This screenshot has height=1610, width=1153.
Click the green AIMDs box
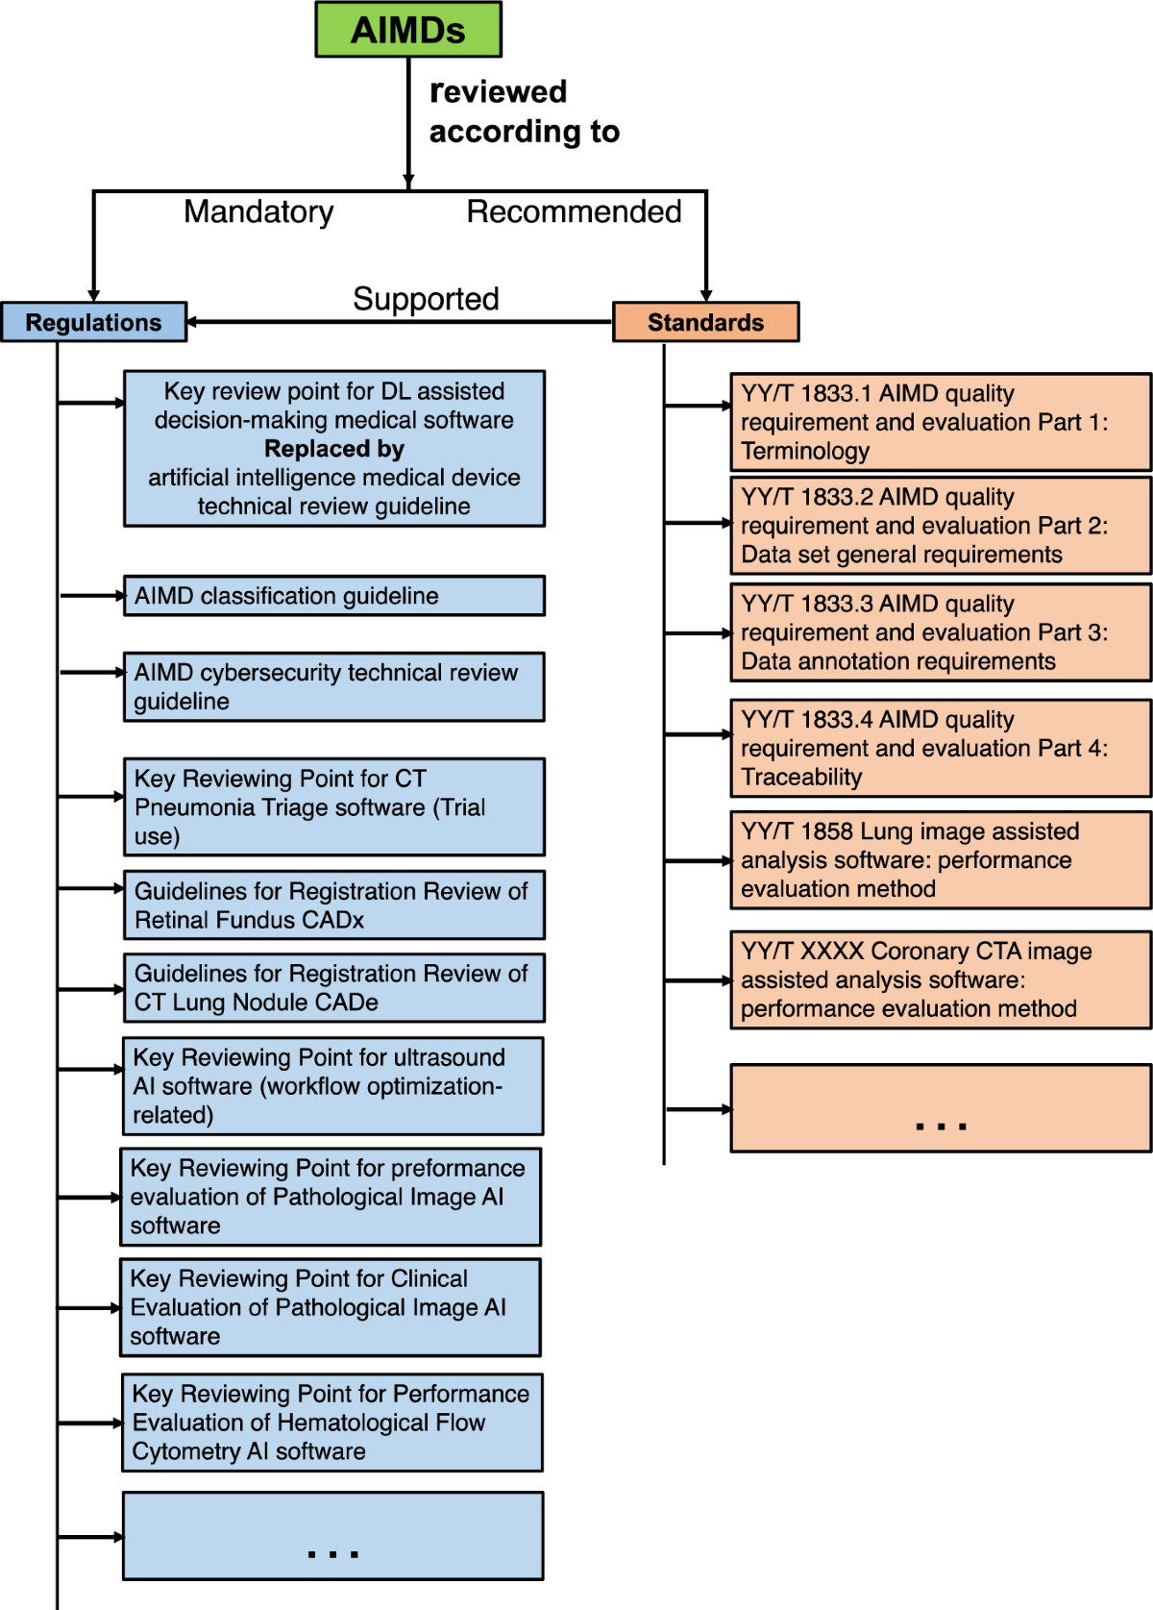pyautogui.click(x=408, y=30)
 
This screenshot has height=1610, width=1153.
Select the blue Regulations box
pyautogui.click(x=93, y=322)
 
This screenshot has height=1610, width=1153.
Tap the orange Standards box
pyautogui.click(x=705, y=322)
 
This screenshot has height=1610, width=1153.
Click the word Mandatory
pyautogui.click(x=258, y=211)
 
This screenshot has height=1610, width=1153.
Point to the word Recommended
pyautogui.click(x=574, y=211)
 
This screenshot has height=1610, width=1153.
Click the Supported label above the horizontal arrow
pyautogui.click(x=426, y=299)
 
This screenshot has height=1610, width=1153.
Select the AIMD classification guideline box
pyautogui.click(x=333, y=596)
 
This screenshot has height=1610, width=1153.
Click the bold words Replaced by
pyautogui.click(x=333, y=449)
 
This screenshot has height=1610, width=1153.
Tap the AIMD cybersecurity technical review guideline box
pyautogui.click(x=333, y=686)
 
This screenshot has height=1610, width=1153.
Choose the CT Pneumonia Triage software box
pyautogui.click(x=333, y=807)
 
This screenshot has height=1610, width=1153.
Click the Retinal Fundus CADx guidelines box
pyautogui.click(x=333, y=905)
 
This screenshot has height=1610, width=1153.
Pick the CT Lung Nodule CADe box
pyautogui.click(x=333, y=988)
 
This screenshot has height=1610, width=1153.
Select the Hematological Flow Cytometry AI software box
pyautogui.click(x=331, y=1423)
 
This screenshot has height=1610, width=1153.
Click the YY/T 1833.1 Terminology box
pyautogui.click(x=940, y=422)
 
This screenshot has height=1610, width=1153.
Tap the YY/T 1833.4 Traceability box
pyautogui.click(x=940, y=748)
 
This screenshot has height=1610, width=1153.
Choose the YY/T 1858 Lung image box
pyautogui.click(x=940, y=860)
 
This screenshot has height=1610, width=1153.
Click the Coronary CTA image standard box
pyautogui.click(x=940, y=979)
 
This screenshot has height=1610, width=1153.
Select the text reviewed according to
pyautogui.click(x=524, y=111)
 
